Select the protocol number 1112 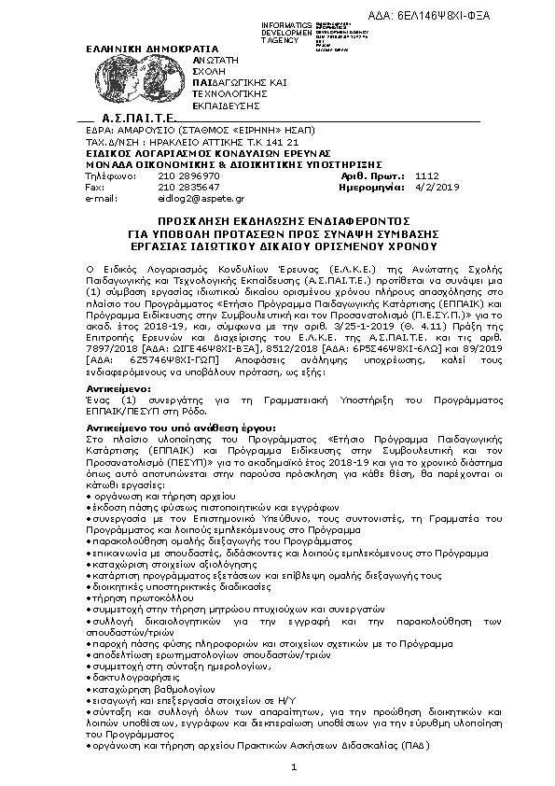(x=426, y=175)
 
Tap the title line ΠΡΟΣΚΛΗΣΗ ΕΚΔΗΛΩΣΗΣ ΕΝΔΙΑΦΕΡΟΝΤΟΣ (x=276, y=215)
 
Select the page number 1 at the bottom (x=293, y=767)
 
